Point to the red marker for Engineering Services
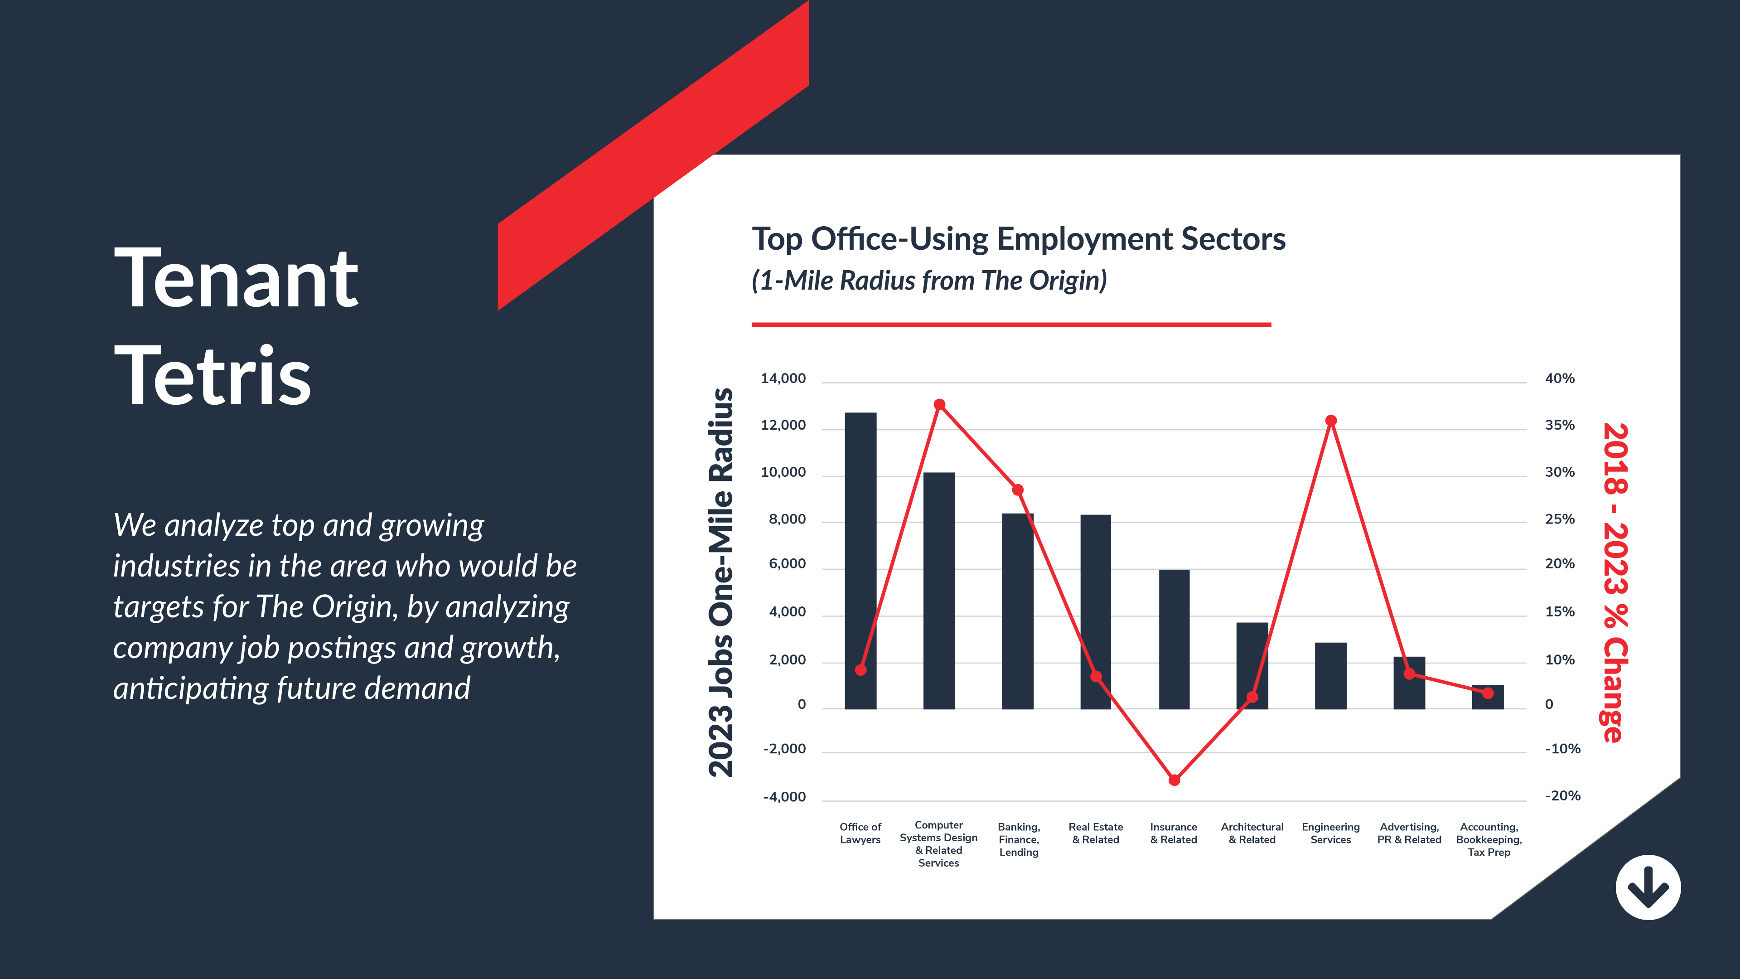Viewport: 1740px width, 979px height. click(x=1331, y=421)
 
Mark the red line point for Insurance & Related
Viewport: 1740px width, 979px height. click(x=1174, y=780)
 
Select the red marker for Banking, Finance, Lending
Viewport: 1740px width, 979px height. click(x=1018, y=490)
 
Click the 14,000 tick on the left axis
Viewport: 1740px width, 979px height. click(x=783, y=379)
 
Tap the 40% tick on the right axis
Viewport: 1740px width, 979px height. click(x=1560, y=379)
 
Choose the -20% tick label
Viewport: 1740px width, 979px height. click(x=1562, y=796)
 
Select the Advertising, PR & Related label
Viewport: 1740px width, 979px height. click(x=1409, y=833)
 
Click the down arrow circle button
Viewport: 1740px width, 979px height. click(x=1648, y=887)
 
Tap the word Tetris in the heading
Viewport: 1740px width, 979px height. click(x=213, y=376)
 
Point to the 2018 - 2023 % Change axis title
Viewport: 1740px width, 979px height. click(x=1615, y=582)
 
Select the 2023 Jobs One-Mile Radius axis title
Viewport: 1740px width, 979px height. click(x=721, y=582)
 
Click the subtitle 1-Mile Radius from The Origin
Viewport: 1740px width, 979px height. click(x=929, y=281)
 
